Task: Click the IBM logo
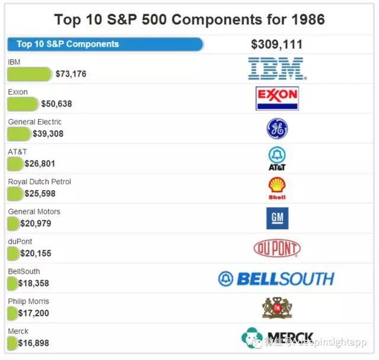click(x=277, y=69)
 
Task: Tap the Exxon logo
click(x=277, y=98)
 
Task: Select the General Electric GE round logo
click(x=277, y=128)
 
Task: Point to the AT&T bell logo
click(x=277, y=158)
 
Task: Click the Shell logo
click(x=277, y=188)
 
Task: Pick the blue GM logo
click(x=277, y=218)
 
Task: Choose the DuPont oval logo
click(x=277, y=248)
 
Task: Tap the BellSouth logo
click(x=276, y=278)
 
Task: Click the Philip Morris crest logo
click(x=277, y=308)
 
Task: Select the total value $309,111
click(x=277, y=44)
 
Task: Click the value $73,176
click(x=71, y=74)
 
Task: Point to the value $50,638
click(x=57, y=104)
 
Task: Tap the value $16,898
click(x=33, y=343)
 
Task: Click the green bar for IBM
click(x=30, y=74)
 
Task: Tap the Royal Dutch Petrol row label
click(x=40, y=182)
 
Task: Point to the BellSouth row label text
click(x=24, y=271)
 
